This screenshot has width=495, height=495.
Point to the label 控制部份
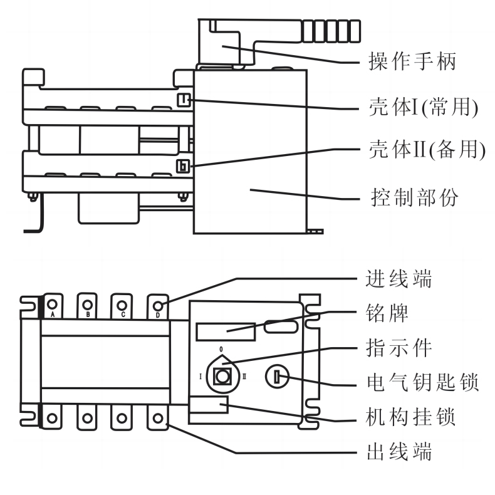pyautogui.click(x=414, y=197)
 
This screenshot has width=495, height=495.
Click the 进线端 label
pyautogui.click(x=399, y=278)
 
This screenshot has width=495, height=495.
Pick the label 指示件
pyautogui.click(x=399, y=347)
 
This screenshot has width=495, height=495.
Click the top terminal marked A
pyautogui.click(x=53, y=305)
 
